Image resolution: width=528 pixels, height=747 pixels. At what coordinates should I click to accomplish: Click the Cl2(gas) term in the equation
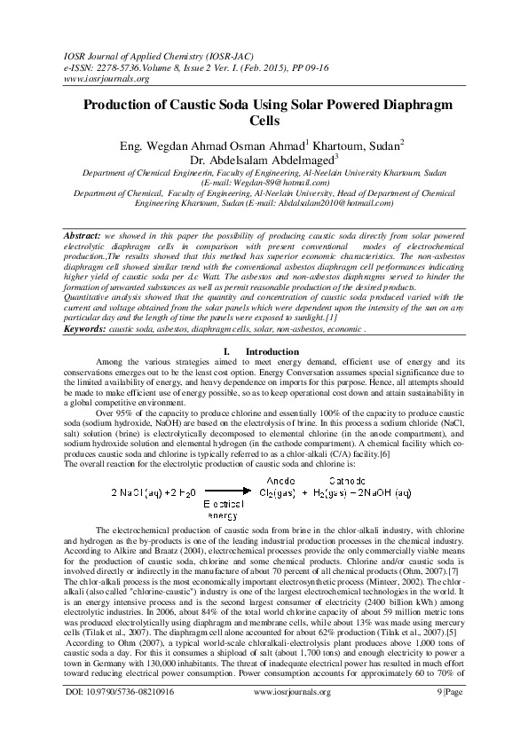tap(277, 491)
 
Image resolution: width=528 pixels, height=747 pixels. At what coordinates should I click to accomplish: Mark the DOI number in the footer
tap(120, 715)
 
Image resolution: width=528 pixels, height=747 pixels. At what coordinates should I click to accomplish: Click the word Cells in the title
tap(264, 121)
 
